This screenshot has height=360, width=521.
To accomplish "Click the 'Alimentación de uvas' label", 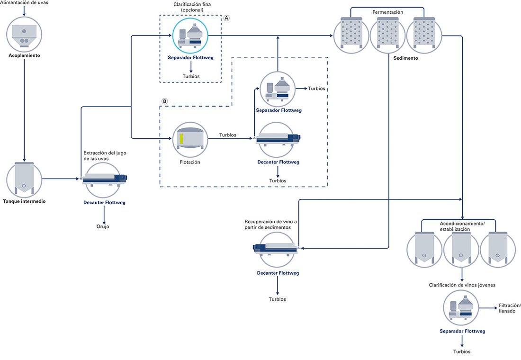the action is pos(24,3).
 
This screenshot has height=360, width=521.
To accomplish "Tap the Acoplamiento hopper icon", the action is pos(24,34).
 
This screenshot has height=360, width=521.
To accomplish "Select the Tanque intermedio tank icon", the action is pos(24,179).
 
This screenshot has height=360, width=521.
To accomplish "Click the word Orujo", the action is pos(103,226).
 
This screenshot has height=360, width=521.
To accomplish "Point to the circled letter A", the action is pos(226,18).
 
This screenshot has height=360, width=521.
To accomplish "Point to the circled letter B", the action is pos(164,101).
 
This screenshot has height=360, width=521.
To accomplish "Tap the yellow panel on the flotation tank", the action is pos(181,139).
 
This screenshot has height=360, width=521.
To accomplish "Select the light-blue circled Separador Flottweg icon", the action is pos(190,36).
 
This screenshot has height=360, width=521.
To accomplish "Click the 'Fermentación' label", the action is pos(387,12).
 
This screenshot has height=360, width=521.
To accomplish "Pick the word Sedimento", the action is pos(406,58).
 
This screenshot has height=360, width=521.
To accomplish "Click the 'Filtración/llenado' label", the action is pos(510,308).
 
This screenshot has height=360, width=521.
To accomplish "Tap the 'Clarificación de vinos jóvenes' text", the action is pos(462,285).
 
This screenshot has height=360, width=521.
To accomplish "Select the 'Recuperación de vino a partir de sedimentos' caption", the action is pos(271,225).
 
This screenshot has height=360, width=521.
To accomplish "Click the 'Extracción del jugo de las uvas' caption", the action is pos(105,155).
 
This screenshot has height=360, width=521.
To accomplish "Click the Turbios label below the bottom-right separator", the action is pos(462,351).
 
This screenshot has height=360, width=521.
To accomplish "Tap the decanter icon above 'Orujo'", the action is pos(104,180).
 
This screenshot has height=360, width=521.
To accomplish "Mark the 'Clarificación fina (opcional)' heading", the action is pos(192,7).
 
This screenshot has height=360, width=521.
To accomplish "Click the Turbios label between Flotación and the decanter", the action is pos(228,135).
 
